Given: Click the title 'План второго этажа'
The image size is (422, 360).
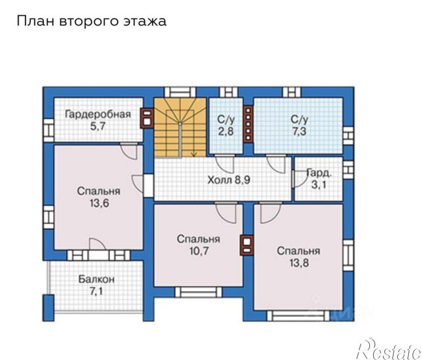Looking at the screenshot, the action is [x=91, y=22].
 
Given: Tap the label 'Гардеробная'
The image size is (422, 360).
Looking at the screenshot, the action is [x=98, y=114].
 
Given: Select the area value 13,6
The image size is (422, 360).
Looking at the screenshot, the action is [x=100, y=203].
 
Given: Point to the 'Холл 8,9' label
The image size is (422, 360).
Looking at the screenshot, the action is [x=229, y=180].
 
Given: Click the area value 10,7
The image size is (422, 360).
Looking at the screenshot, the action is [x=198, y=251].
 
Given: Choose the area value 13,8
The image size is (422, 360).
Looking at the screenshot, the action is [x=299, y=263].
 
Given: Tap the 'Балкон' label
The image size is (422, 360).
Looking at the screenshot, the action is [x=97, y=279].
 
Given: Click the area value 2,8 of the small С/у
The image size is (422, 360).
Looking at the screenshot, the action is [x=225, y=131].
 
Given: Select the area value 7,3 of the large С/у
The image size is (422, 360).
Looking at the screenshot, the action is [x=299, y=131].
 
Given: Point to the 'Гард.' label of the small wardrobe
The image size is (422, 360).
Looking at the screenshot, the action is [x=319, y=173].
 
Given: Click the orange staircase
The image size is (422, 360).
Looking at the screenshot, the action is [x=180, y=127].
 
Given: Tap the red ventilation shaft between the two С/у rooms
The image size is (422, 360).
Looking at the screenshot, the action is [x=248, y=123].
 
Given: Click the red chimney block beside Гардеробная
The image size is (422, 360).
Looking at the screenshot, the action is [x=147, y=117].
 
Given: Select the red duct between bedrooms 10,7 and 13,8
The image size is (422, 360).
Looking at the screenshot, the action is [x=247, y=245].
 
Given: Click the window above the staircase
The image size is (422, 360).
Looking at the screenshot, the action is [x=180, y=92].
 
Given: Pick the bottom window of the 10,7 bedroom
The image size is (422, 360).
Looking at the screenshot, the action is [x=198, y=292].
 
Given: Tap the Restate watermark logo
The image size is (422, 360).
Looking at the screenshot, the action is [x=388, y=349].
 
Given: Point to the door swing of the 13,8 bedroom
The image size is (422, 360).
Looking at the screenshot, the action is [x=271, y=214].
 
